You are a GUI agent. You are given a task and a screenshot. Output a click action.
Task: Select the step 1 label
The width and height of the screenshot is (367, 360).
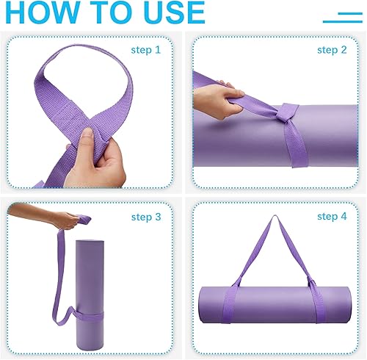145,50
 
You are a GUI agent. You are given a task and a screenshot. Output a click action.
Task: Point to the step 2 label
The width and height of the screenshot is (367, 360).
332,50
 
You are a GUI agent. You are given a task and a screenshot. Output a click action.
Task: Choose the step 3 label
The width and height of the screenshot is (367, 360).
145,217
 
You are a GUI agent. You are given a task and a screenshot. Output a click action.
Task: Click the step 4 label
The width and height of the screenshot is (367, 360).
332,217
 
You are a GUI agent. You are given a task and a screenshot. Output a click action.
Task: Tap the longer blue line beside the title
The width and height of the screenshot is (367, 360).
343,21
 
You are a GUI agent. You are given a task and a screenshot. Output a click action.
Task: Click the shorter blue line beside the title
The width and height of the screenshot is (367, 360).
350,12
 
